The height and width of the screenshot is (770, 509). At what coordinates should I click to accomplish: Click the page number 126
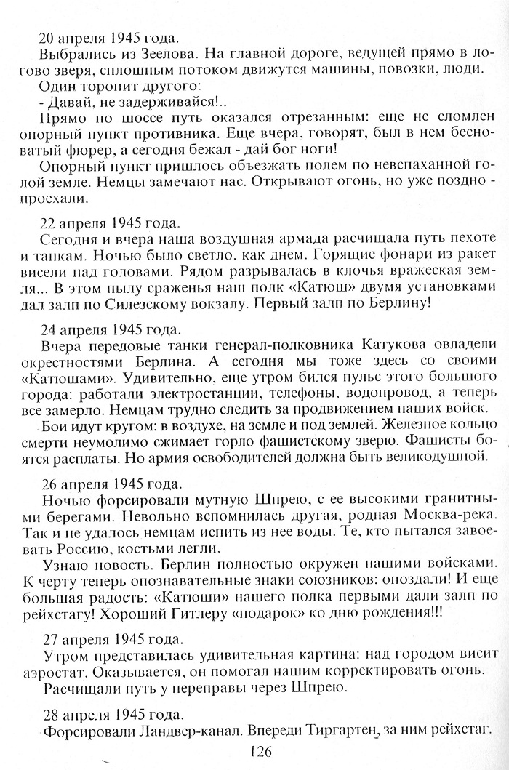click(x=259, y=752)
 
